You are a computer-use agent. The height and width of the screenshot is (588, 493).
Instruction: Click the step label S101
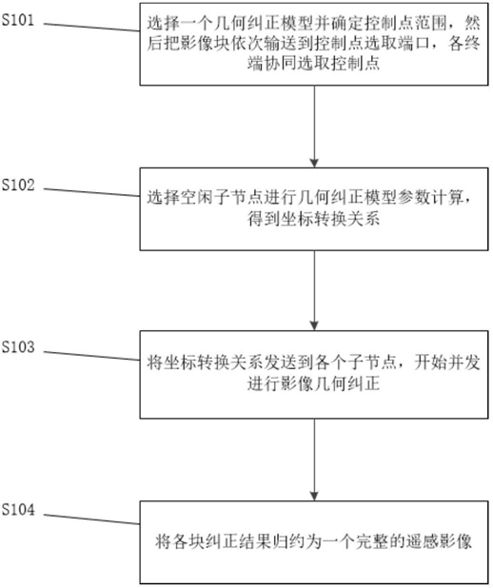[x=18, y=20]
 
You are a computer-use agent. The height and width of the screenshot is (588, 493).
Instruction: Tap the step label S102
[x=18, y=185]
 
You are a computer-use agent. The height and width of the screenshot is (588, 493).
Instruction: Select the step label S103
[x=18, y=347]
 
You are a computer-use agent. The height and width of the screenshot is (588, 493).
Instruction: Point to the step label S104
[x=18, y=510]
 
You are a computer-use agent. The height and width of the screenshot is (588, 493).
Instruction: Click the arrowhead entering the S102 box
[x=314, y=163]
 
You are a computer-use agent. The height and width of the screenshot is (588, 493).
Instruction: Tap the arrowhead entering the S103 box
[x=314, y=326]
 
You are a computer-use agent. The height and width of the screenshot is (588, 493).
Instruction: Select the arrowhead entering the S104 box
[x=314, y=496]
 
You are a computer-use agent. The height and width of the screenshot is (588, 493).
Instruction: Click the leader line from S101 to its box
[x=92, y=27]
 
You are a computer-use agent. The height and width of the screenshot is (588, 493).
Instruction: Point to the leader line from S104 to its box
[x=92, y=519]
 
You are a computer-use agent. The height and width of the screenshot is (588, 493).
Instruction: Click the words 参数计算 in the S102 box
[x=430, y=198]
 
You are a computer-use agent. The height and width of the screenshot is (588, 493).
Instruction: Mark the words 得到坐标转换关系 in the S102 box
[x=314, y=219]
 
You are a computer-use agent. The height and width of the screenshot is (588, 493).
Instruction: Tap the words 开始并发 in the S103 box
[x=447, y=363]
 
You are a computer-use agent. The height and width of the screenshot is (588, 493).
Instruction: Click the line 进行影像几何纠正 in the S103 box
[x=314, y=383]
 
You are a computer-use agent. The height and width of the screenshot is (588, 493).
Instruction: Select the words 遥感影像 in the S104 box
[x=439, y=542]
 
